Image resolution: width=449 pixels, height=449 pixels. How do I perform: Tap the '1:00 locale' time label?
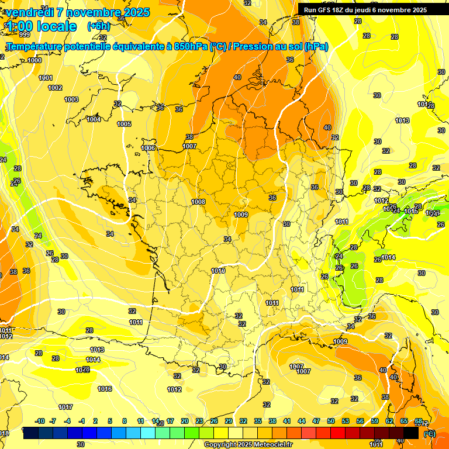(x=41, y=26)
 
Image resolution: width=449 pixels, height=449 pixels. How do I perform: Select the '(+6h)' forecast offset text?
(x=98, y=26)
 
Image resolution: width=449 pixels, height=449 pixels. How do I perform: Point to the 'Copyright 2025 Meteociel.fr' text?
(x=248, y=444)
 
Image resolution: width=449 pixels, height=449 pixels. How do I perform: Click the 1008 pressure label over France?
(x=198, y=202)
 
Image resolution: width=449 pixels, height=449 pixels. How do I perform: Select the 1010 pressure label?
(x=218, y=271)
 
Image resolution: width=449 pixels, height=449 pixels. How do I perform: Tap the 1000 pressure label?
(x=34, y=60)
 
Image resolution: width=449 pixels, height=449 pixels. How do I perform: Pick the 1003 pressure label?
(x=71, y=99)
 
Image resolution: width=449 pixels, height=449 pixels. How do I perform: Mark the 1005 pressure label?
(x=124, y=124)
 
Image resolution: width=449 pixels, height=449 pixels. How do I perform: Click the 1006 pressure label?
(x=148, y=148)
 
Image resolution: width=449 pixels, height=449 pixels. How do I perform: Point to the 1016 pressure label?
(x=105, y=389)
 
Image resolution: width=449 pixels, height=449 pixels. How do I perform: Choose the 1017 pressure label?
(x=65, y=407)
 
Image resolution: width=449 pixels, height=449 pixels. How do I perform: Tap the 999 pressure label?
(x=24, y=51)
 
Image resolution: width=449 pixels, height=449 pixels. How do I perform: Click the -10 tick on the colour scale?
(x=40, y=421)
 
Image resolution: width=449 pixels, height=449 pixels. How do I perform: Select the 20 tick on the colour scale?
(x=184, y=421)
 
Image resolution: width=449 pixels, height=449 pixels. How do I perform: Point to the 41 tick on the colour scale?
(x=286, y=421)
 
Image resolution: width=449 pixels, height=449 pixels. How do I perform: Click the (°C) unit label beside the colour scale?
(x=430, y=433)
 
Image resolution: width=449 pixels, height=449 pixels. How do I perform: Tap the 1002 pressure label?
(x=55, y=88)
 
